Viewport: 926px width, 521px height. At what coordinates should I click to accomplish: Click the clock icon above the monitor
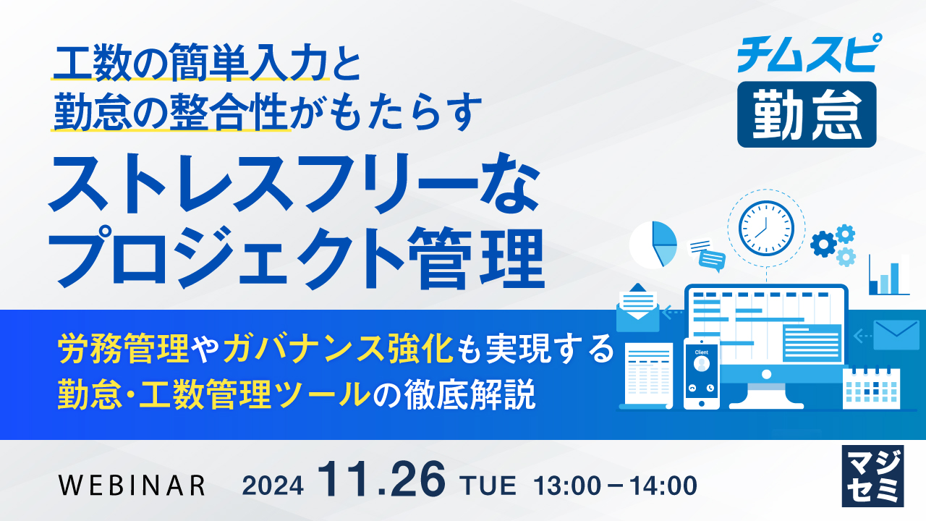tap(766, 228)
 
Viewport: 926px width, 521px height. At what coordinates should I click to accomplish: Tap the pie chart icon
tap(653, 245)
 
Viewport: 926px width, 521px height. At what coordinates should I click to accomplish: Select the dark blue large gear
tap(823, 245)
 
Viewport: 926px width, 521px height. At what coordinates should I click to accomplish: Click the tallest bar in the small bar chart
tap(894, 279)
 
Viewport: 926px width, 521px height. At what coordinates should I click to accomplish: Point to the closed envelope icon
tap(896, 335)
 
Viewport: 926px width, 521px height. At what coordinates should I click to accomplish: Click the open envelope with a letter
tap(637, 308)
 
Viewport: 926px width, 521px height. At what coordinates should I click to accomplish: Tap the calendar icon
tap(872, 389)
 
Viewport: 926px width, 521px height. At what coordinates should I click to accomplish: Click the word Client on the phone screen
tap(702, 352)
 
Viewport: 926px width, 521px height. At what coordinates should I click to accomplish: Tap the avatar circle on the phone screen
tap(702, 364)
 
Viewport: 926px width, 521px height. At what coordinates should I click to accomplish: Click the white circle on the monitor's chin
tap(766, 375)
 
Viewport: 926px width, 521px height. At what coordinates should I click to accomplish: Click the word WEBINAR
tap(132, 485)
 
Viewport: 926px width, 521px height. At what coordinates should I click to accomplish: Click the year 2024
tap(273, 486)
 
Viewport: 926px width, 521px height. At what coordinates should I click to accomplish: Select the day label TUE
tap(490, 486)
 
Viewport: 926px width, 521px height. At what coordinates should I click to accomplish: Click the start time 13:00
tap(568, 486)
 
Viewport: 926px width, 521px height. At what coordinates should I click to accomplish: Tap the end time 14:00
tap(663, 486)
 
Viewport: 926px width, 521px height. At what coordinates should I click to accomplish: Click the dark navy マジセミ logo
tap(872, 476)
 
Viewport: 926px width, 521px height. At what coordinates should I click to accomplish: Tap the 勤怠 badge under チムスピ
tap(807, 114)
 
